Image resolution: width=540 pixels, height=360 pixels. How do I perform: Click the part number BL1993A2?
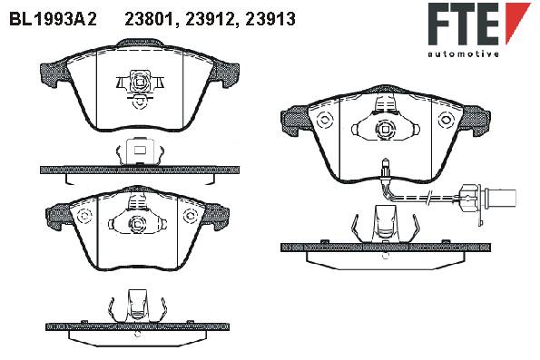pyautogui.click(x=53, y=19)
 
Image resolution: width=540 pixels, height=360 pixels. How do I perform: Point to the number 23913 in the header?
pyautogui.click(x=270, y=19)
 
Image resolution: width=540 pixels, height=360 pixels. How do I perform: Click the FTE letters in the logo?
pyautogui.click(x=464, y=24)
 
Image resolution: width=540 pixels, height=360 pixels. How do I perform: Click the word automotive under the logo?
pyautogui.click(x=464, y=54)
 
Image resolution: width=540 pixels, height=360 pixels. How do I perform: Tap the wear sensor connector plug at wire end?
pyautogui.click(x=488, y=198)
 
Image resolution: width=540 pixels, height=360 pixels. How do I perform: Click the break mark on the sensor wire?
pyautogui.click(x=428, y=198)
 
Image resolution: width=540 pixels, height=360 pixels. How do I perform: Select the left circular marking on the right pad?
pyautogui.click(x=325, y=121)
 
